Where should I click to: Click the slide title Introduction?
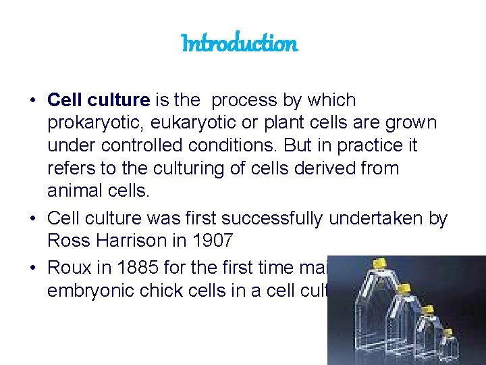240,44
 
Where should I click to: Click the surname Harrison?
140,241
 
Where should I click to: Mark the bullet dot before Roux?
32,267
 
